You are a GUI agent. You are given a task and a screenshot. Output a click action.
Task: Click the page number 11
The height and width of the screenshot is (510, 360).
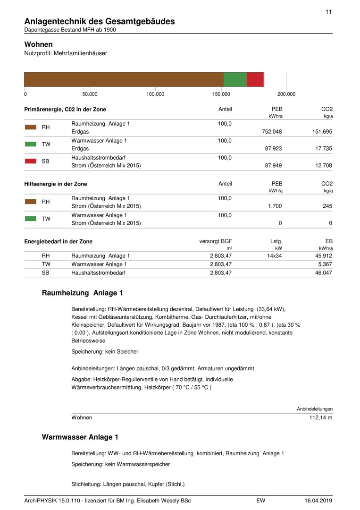pyautogui.click(x=328, y=12)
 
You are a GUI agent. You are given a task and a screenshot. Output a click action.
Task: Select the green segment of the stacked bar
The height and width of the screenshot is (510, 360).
pyautogui.click(x=235, y=79)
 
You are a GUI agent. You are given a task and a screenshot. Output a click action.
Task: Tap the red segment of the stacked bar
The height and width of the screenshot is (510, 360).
pyautogui.click(x=255, y=79)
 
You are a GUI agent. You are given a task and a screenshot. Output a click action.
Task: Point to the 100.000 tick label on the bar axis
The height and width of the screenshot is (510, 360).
pyautogui.click(x=155, y=94)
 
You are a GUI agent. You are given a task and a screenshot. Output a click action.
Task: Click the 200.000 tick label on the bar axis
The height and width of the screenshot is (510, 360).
pyautogui.click(x=286, y=94)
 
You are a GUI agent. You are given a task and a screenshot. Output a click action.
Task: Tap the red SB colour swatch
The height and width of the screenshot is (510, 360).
pyautogui.click(x=31, y=161)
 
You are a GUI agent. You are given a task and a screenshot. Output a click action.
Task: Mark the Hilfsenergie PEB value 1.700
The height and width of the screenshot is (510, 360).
pyautogui.click(x=275, y=206)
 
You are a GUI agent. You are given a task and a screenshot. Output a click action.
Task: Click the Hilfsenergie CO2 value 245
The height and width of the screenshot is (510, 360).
pyautogui.click(x=327, y=206)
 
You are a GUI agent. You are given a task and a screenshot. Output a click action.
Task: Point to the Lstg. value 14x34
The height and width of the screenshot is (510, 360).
pyautogui.click(x=274, y=256)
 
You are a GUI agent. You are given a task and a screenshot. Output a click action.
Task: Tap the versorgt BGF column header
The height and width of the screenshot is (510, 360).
pyautogui.click(x=216, y=241)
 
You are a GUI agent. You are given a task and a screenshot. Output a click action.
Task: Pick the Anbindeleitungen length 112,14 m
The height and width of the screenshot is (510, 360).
pyautogui.click(x=321, y=418)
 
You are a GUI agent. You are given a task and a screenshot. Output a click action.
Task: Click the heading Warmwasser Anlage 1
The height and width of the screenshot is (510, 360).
pyautogui.click(x=80, y=437)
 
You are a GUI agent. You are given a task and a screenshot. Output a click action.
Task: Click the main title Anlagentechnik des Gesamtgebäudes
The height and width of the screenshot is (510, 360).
pyautogui.click(x=100, y=21)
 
